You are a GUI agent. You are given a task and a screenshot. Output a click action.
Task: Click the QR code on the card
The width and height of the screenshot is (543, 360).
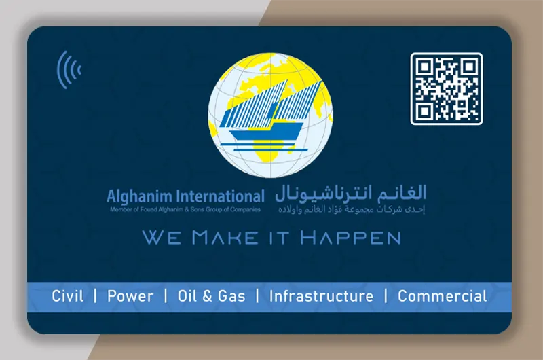446,89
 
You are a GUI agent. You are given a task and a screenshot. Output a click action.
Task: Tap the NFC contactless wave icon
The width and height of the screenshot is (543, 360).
69,69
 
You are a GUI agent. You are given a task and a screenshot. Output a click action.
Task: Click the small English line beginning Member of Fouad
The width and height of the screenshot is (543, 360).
185,210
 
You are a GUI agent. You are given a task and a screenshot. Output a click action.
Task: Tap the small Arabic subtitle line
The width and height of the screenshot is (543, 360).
351,210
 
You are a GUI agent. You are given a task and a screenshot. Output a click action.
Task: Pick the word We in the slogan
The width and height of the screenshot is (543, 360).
160,238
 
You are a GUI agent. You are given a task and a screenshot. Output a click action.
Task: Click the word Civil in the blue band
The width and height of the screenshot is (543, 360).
68,296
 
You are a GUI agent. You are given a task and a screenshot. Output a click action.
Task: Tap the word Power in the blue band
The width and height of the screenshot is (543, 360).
130,296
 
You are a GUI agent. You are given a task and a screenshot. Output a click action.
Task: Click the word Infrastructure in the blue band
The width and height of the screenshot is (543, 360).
321,296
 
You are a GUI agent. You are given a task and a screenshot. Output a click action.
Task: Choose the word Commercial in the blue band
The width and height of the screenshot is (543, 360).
442,296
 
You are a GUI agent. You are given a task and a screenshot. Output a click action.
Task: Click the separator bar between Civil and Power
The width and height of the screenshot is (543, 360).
96,296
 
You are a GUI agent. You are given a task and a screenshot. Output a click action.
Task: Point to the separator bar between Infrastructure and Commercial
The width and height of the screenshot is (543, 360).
386,296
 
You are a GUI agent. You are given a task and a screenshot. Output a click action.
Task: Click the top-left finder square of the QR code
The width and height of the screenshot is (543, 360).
426,68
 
